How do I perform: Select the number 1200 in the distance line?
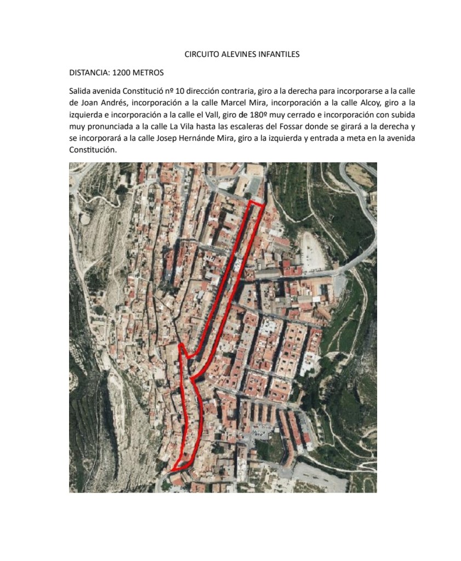pos(121,72)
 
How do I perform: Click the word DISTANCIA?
pos(88,72)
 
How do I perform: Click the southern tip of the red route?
pos(172,471)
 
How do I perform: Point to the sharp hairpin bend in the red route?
pos(181,345)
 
